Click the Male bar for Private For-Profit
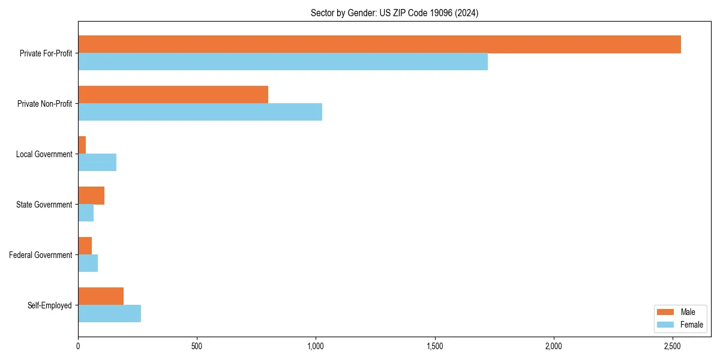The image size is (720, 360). pos(379,44)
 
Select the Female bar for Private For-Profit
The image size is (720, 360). pos(283,62)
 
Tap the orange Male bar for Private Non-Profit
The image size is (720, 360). pos(173,95)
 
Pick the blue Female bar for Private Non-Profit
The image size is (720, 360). pos(200,112)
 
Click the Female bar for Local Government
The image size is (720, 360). pos(97,163)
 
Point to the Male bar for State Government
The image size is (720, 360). pos(91,196)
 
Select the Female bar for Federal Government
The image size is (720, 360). pos(88,263)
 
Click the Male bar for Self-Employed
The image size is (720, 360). pos(101,296)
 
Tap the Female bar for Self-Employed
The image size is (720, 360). pos(109,314)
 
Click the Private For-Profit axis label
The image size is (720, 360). pos(46,53)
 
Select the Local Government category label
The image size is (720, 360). pos(44,154)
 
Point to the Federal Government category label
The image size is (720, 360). pos(41,255)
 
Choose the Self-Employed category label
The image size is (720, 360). pos(49,305)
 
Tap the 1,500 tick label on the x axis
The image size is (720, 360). pos(434,346)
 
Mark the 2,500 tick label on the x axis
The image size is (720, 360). pos(673,346)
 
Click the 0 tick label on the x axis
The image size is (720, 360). pos(78,346)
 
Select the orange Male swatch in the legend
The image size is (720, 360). pos(665,312)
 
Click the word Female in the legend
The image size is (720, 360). pos(691,325)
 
